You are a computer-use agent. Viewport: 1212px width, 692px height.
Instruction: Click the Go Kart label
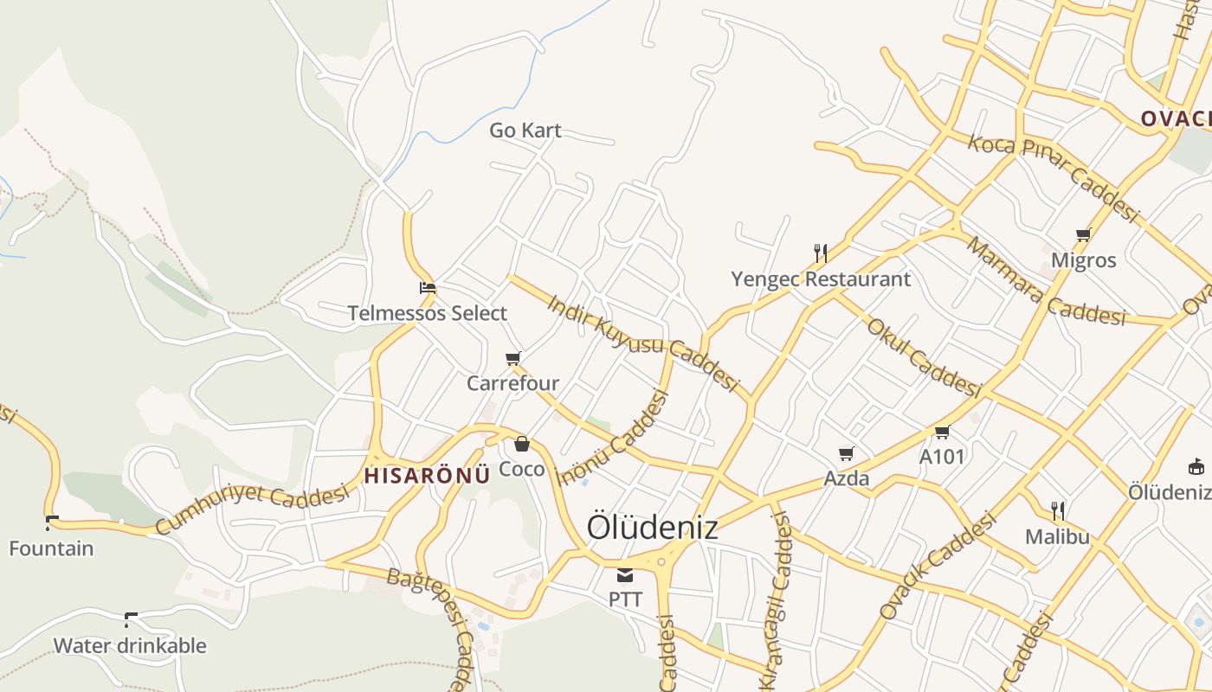point(525,131)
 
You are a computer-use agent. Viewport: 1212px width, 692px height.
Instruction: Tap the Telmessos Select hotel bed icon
point(427,288)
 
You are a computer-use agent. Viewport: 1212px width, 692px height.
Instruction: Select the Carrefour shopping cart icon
point(513,358)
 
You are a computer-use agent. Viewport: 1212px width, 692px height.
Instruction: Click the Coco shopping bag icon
point(522,445)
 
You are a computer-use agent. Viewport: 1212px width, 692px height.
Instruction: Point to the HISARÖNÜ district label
point(427,474)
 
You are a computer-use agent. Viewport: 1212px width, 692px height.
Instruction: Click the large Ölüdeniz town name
point(652,527)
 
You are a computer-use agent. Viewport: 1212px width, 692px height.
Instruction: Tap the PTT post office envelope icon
point(625,575)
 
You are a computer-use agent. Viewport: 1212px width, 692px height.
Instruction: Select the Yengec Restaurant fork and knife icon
point(821,253)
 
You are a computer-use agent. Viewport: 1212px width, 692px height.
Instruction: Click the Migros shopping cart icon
point(1083,234)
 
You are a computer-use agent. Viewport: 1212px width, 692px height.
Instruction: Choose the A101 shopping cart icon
point(942,432)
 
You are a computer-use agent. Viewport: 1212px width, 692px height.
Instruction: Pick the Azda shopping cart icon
point(847,453)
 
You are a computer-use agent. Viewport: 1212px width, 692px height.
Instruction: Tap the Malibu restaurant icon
point(1057,510)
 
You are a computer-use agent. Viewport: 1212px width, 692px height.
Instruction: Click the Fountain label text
point(51,548)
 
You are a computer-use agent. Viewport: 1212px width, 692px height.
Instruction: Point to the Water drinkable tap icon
point(131,619)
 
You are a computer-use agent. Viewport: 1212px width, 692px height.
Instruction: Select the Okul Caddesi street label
point(923,357)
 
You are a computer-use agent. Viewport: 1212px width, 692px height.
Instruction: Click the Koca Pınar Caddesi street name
point(1052,176)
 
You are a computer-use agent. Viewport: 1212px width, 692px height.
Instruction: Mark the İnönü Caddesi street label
point(614,439)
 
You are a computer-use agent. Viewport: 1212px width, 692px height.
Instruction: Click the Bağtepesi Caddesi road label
point(434,605)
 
